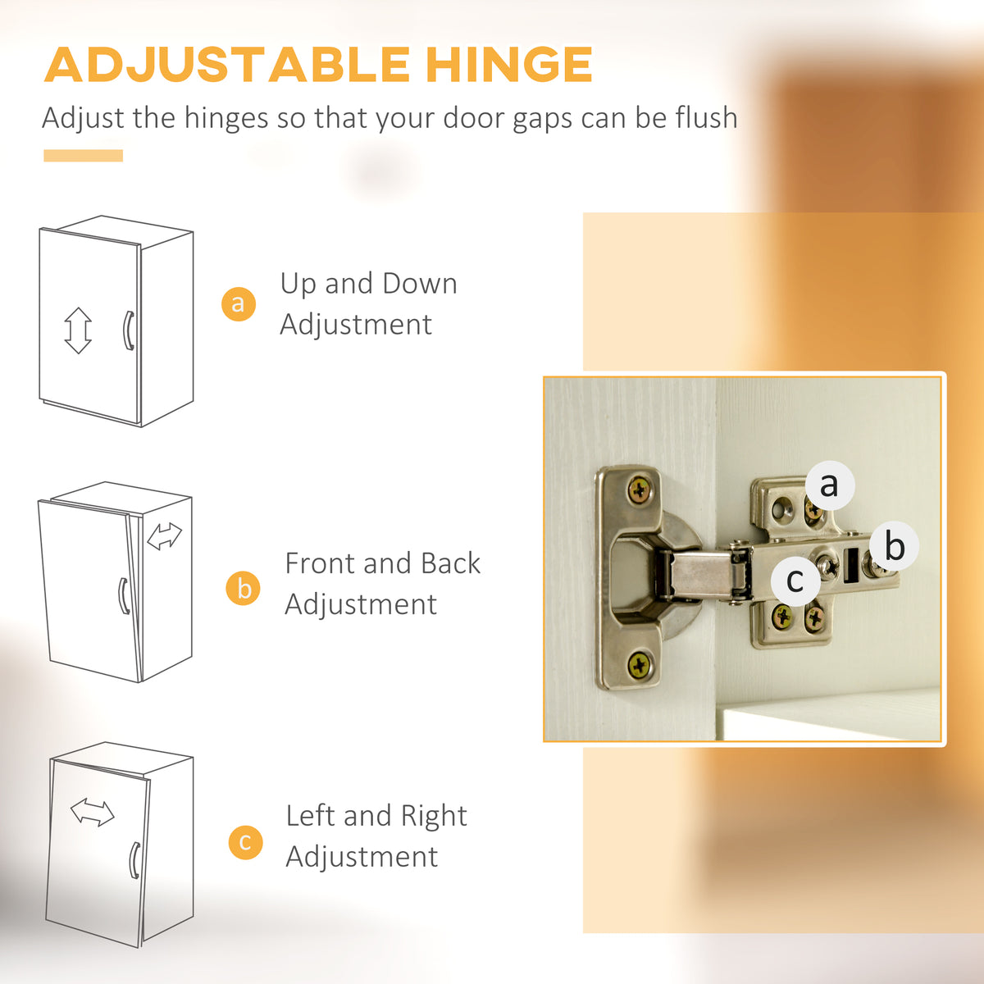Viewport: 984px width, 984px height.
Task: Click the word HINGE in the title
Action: [x=509, y=64]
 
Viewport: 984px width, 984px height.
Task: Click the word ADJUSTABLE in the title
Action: [x=227, y=64]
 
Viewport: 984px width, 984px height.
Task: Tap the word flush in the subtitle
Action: [x=706, y=117]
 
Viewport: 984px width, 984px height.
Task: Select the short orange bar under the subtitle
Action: [x=84, y=155]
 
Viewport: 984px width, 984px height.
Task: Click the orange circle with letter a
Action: [x=239, y=304]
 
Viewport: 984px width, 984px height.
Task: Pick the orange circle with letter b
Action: [x=243, y=588]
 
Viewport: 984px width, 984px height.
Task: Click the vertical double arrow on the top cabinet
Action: [x=78, y=330]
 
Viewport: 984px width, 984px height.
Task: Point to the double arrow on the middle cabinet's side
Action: [x=164, y=536]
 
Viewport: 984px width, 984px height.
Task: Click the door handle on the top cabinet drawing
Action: [x=129, y=330]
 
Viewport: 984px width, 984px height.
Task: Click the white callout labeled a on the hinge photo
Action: [x=830, y=485]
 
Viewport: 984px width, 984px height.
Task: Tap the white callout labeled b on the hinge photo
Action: [x=895, y=545]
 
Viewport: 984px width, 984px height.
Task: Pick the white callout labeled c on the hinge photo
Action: [x=795, y=581]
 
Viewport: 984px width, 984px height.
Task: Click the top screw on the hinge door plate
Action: [x=640, y=490]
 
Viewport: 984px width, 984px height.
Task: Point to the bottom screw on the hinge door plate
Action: [x=639, y=665]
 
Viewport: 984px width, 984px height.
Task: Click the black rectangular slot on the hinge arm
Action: [x=850, y=565]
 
